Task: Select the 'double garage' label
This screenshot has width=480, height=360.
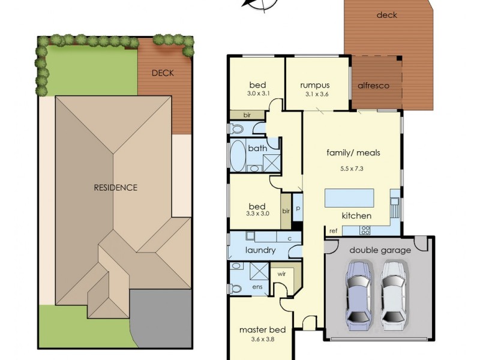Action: click(x=380, y=250)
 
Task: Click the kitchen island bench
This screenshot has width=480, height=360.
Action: click(x=349, y=197)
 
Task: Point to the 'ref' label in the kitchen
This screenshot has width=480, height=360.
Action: click(x=332, y=230)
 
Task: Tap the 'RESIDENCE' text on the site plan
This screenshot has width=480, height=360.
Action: click(x=115, y=187)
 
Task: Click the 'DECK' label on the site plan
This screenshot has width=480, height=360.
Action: click(x=162, y=73)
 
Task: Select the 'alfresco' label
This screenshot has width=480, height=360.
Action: click(x=373, y=85)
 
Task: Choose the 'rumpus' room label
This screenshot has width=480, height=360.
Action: click(x=315, y=85)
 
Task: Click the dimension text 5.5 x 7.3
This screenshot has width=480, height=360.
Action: click(x=353, y=169)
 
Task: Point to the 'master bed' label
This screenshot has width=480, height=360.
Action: click(x=262, y=329)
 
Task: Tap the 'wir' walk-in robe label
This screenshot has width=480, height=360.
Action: click(x=280, y=274)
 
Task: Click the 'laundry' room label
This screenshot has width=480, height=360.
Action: click(x=260, y=250)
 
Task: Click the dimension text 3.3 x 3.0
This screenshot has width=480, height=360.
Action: click(x=258, y=212)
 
